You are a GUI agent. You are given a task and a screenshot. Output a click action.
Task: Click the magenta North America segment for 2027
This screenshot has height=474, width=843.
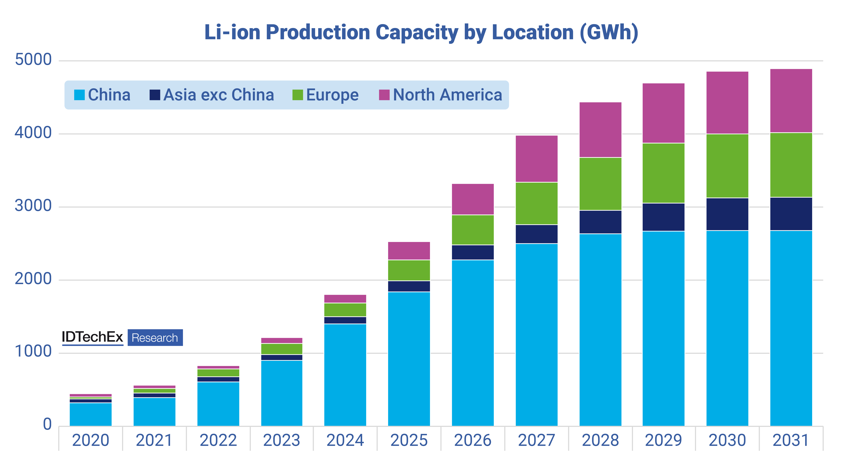tap(536, 159)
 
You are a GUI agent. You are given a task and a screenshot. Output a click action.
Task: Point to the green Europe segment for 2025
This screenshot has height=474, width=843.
tap(409, 270)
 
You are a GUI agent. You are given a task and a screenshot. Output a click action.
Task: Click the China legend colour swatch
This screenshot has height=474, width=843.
tap(79, 95)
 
